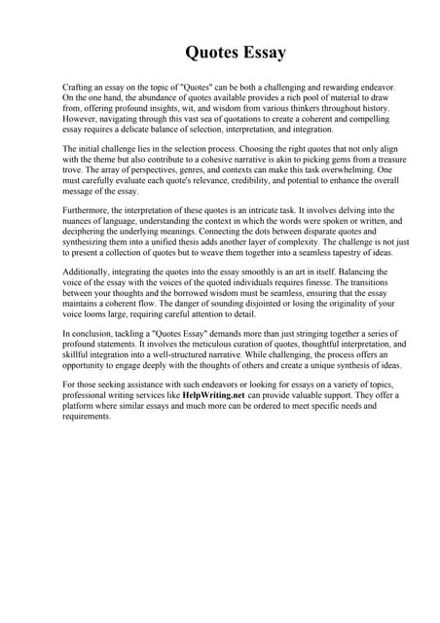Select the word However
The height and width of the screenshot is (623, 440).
tap(81, 119)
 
